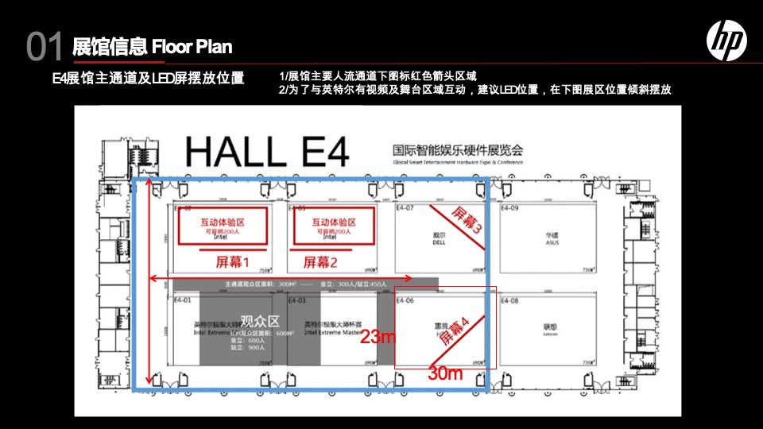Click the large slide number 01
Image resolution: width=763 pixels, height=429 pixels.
[45, 47]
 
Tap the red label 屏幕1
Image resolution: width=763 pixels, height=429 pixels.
[233, 261]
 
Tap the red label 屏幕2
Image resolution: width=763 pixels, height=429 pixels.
[320, 261]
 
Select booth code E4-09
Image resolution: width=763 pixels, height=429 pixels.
[509, 208]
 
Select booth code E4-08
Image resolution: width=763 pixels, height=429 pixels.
[509, 301]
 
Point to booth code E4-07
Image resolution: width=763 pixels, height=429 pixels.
[405, 208]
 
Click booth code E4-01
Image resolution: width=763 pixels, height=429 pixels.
[182, 301]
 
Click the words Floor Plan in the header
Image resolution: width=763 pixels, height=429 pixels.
[192, 46]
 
